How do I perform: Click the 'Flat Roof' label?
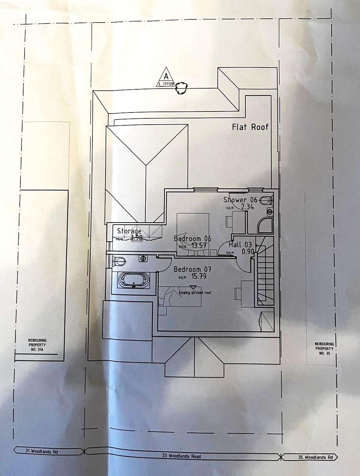[250, 127]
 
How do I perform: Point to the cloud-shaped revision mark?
[181, 88]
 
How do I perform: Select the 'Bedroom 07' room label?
[192, 269]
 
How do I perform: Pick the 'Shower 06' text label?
[240, 200]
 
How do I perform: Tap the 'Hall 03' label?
[240, 245]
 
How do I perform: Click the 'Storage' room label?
[129, 231]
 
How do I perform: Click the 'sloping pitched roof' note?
[195, 293]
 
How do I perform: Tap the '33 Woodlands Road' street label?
[181, 456]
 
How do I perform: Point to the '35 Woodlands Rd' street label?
[313, 458]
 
